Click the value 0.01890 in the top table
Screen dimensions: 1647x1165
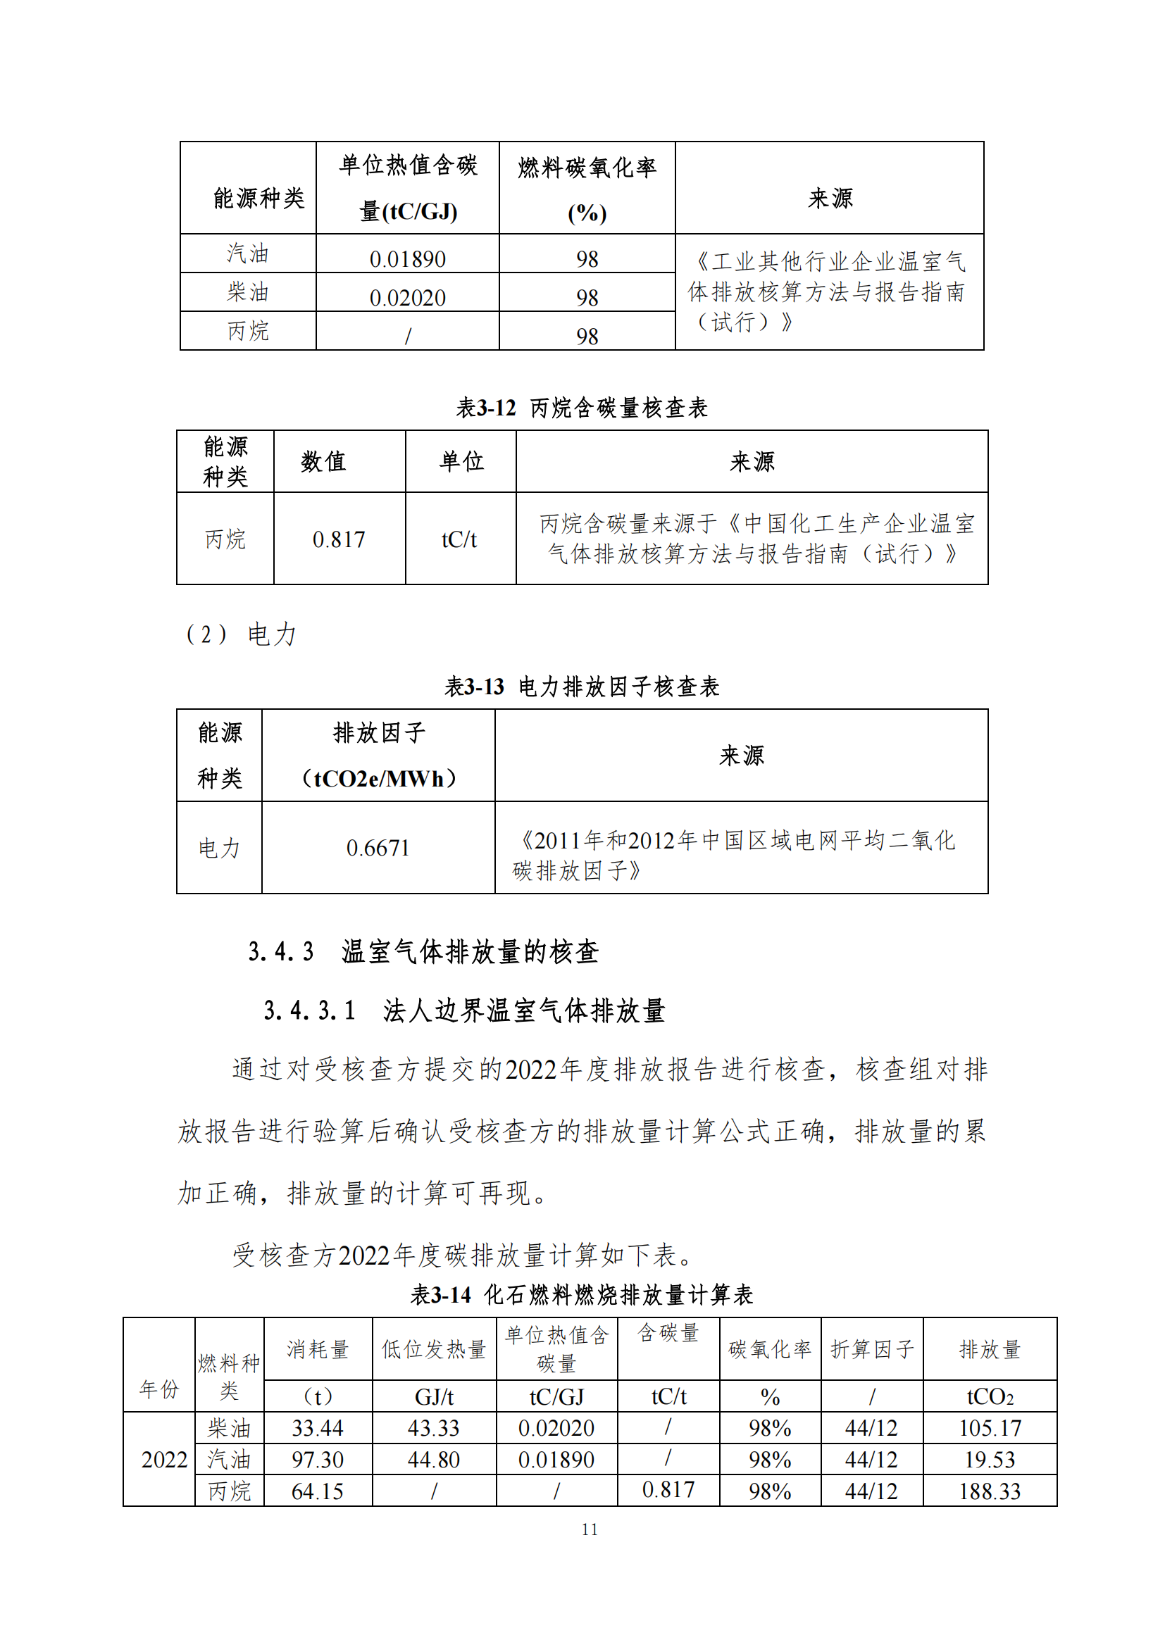[x=407, y=258]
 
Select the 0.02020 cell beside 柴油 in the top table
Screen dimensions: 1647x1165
[x=407, y=297]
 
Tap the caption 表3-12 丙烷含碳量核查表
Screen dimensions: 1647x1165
[x=582, y=408]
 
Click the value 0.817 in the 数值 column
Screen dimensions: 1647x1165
[x=339, y=539]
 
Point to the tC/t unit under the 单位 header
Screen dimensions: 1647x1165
[x=459, y=539]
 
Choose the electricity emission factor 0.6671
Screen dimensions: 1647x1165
[x=378, y=848]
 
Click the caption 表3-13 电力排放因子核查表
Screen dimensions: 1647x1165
[x=582, y=687]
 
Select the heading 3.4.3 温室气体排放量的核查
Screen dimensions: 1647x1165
[x=423, y=952]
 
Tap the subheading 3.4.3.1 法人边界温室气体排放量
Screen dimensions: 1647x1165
[x=464, y=1010]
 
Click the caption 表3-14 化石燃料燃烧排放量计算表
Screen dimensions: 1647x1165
[x=582, y=1295]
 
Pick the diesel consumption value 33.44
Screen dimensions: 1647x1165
[x=317, y=1428]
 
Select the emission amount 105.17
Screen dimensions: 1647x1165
[x=989, y=1428]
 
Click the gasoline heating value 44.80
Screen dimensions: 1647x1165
[x=433, y=1460]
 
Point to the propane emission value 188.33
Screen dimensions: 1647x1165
[x=989, y=1491]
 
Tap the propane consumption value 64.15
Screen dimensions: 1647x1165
[x=317, y=1491]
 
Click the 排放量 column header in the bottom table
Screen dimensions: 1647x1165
[x=989, y=1349]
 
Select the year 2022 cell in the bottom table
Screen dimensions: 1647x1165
[x=164, y=1460]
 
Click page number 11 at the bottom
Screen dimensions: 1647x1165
[x=589, y=1529]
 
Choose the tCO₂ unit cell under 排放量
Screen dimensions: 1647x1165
[x=989, y=1396]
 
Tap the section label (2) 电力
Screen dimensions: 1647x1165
[x=241, y=634]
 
